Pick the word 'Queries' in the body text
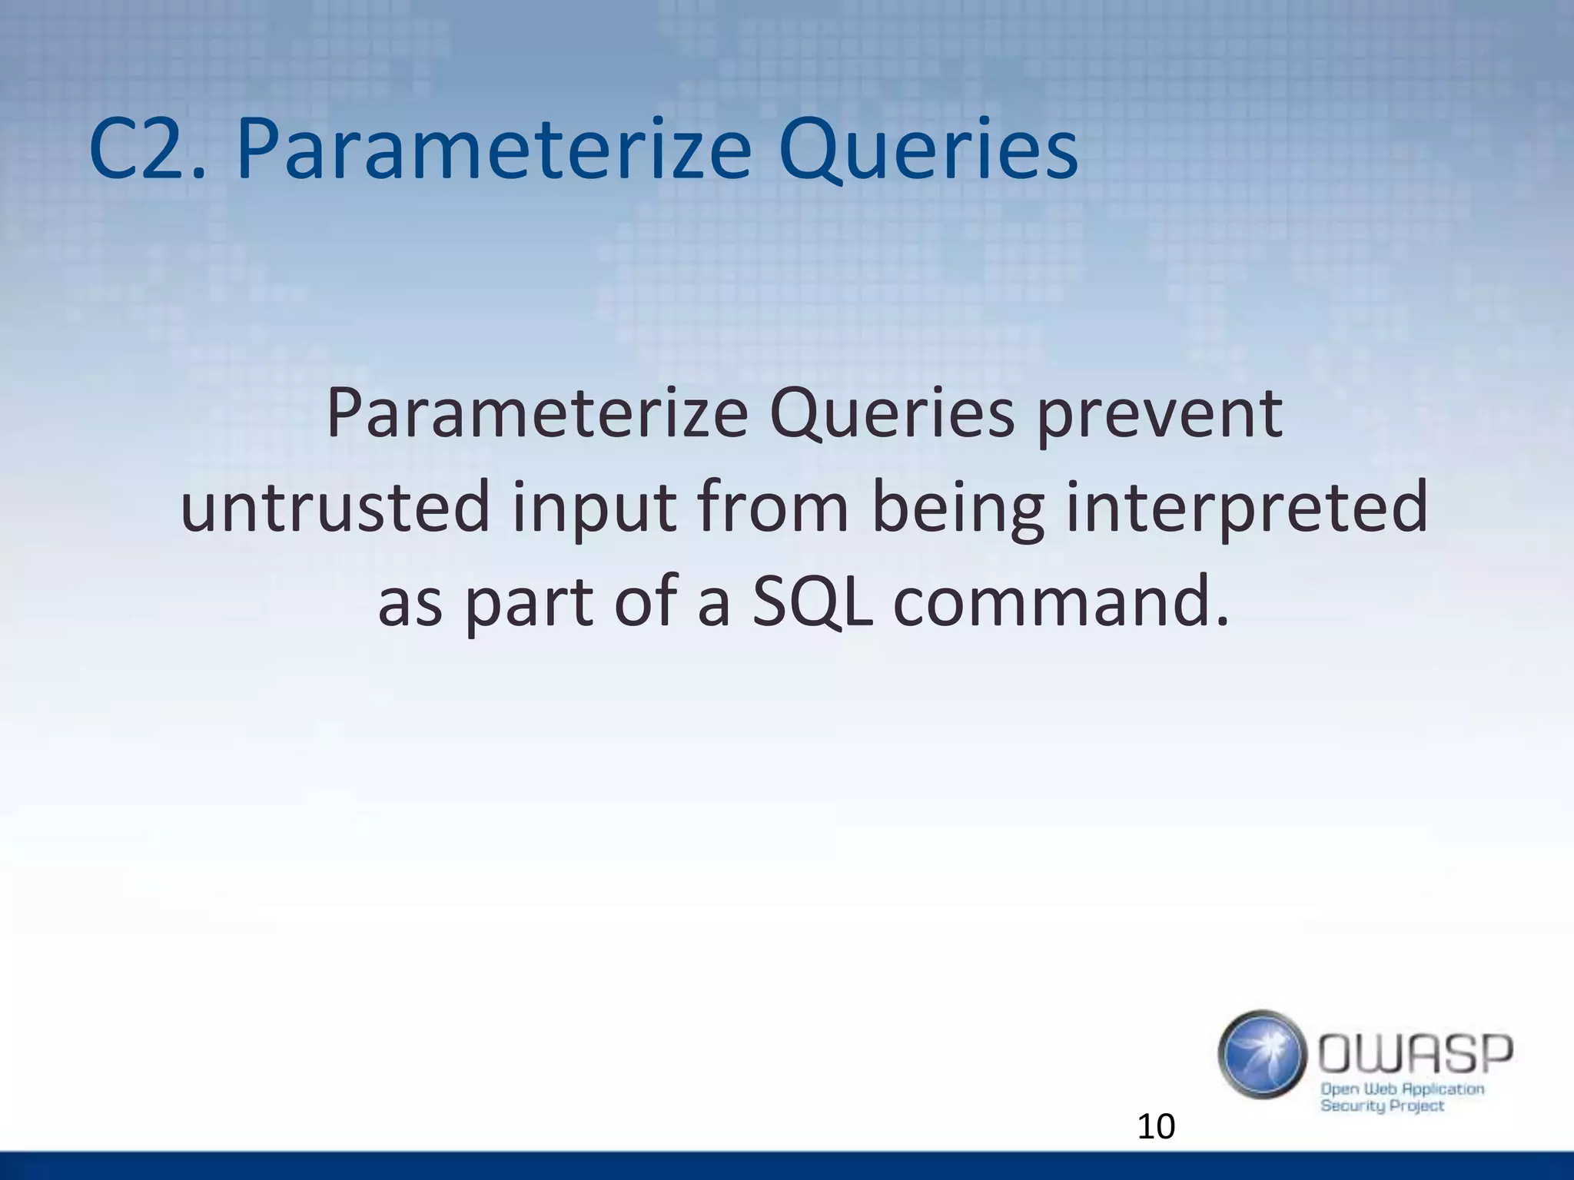coord(892,416)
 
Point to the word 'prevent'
coord(1160,416)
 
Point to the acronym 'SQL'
coord(812,603)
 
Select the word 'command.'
coord(1061,603)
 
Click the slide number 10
coord(1156,1127)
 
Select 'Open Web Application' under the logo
coord(1402,1089)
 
